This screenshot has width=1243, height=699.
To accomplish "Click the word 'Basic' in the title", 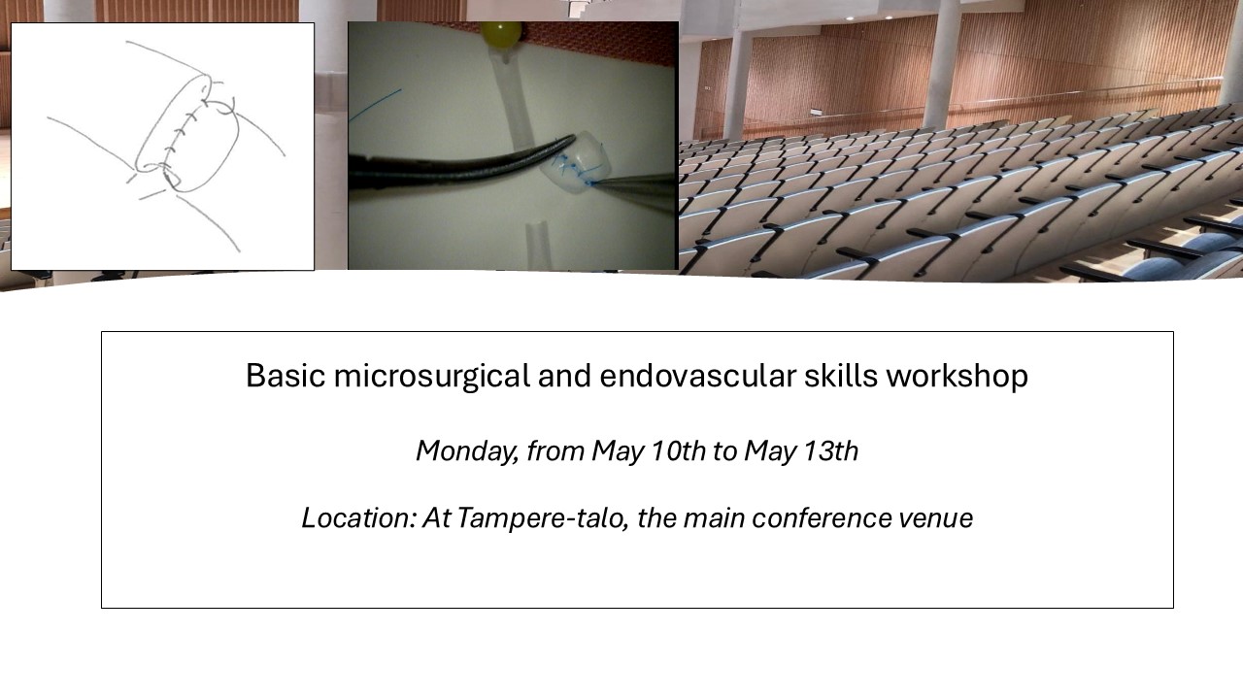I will (x=286, y=376).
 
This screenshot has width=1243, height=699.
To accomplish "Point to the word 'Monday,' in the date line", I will (x=466, y=450).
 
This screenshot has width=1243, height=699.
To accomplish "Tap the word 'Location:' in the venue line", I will (x=358, y=518).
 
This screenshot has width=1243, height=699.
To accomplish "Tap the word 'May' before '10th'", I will (x=616, y=450).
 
